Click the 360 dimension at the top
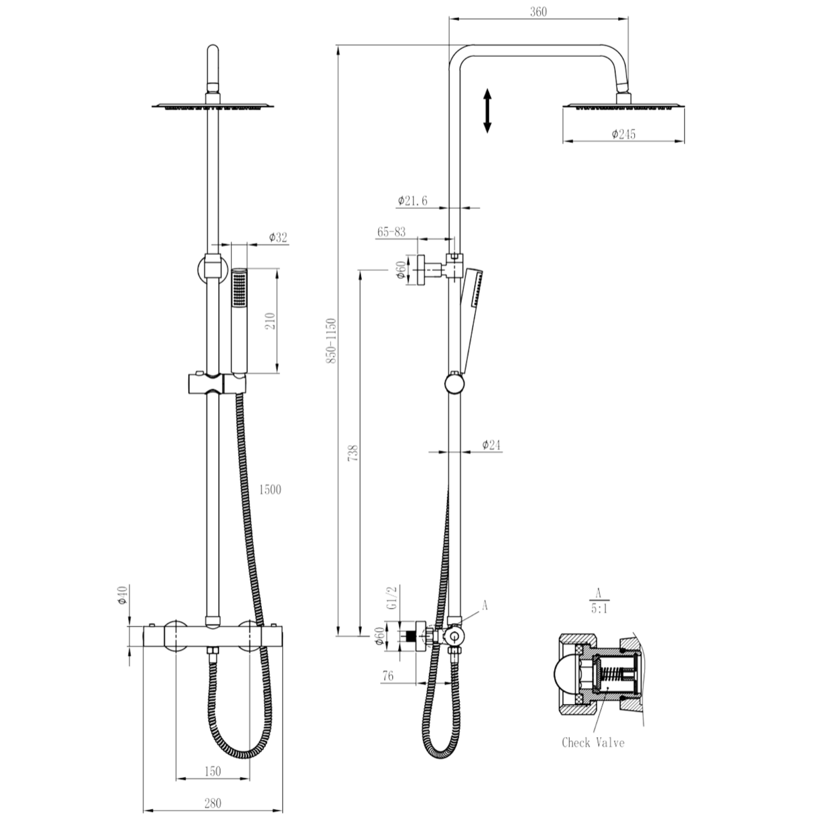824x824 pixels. [538, 12]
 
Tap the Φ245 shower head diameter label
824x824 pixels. [624, 134]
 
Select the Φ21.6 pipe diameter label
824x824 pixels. [413, 201]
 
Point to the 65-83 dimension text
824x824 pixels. [391, 232]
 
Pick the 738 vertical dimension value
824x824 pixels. [353, 453]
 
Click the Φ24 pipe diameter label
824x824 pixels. [491, 445]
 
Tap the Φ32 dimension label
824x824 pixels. [278, 238]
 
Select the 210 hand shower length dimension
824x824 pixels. [270, 321]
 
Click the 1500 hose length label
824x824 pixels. [270, 489]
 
